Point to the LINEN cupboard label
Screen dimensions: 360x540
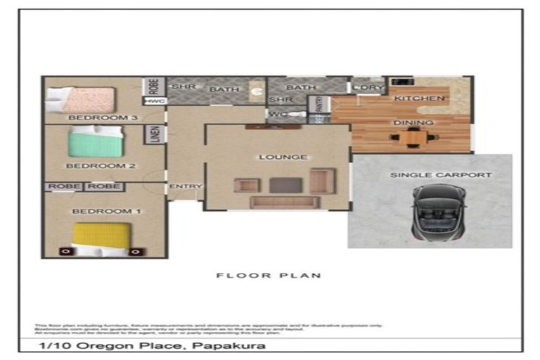(155, 134)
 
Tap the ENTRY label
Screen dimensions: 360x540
(185, 186)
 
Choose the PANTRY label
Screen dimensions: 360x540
(319, 105)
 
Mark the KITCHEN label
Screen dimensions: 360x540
(419, 98)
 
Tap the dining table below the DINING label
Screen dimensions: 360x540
(413, 138)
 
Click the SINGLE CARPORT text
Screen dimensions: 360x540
(431, 174)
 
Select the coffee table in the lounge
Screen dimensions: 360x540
(285, 185)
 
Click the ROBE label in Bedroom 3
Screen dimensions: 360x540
(154, 86)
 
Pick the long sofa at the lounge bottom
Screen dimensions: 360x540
(285, 202)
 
